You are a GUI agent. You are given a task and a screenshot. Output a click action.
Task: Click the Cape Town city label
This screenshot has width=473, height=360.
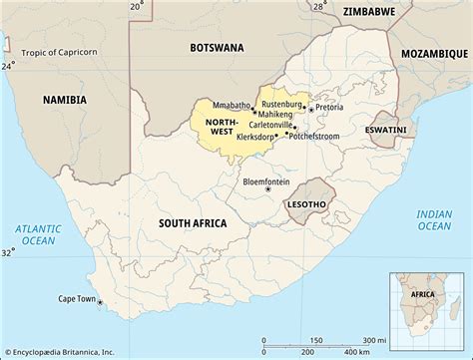pyautogui.click(x=78, y=298)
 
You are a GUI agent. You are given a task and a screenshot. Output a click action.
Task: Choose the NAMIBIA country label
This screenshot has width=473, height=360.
pyautogui.click(x=65, y=99)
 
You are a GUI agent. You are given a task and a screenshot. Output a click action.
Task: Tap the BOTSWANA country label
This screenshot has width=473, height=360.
pyautogui.click(x=219, y=47)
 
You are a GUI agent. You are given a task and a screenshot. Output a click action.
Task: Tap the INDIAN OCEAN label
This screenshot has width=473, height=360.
pyautogui.click(x=435, y=219)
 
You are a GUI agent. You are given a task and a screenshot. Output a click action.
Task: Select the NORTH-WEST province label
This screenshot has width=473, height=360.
pyautogui.click(x=223, y=126)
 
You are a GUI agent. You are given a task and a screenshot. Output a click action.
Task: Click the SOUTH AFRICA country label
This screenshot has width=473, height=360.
pyautogui.click(x=192, y=224)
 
